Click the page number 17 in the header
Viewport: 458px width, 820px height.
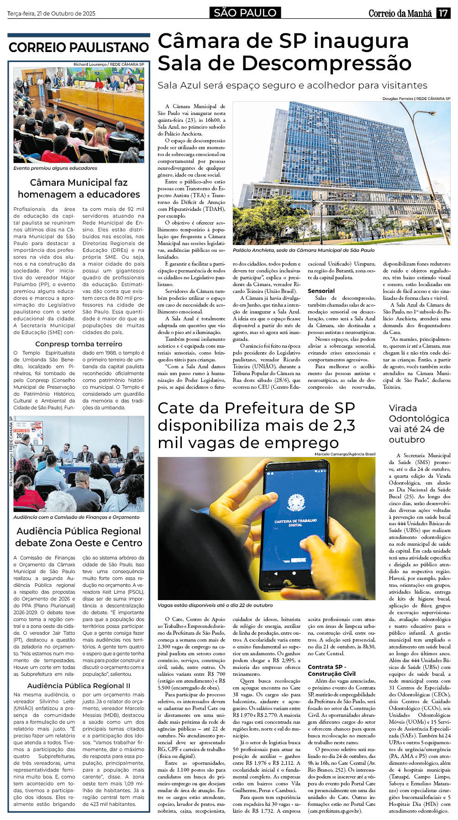point(443,13)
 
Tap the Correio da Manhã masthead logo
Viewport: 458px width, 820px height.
point(400,13)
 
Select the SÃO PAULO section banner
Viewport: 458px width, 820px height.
point(245,13)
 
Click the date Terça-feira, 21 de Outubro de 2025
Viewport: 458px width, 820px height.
point(51,14)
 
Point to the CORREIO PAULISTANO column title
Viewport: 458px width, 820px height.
point(79,47)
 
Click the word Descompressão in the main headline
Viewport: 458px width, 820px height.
point(326,63)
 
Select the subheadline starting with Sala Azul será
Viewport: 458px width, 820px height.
point(292,85)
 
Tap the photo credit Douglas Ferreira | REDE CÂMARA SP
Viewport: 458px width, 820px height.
point(416,99)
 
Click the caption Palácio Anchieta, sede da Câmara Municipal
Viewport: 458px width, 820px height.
point(303,250)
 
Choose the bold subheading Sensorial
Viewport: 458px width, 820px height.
point(321,291)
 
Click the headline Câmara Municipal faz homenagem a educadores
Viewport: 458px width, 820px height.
point(79,188)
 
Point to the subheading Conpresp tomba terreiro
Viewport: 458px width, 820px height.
point(79,344)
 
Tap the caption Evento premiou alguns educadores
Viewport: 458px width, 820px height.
point(55,168)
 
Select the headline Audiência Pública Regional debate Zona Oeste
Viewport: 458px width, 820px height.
point(79,537)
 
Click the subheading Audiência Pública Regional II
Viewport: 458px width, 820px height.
point(79,685)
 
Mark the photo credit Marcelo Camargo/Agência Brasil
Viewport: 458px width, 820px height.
point(345,454)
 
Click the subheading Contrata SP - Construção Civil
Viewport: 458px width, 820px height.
point(332,670)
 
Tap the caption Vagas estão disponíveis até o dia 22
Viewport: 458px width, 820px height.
point(215,605)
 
